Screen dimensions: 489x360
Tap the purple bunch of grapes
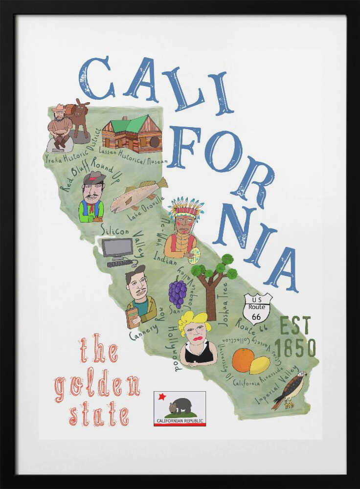[x=178, y=292]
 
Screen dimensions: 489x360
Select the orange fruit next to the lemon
[x=243, y=360]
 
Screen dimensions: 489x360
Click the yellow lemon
[x=260, y=365]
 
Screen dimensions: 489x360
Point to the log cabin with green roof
[x=132, y=134]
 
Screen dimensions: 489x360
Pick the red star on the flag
[x=162, y=397]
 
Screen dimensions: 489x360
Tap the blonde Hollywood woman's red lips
[x=198, y=339]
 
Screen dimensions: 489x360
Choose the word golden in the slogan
[x=97, y=386]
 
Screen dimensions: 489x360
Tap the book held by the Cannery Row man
[x=132, y=317]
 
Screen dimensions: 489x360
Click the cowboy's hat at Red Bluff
[x=93, y=178]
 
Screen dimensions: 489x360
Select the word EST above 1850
[x=295, y=326]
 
